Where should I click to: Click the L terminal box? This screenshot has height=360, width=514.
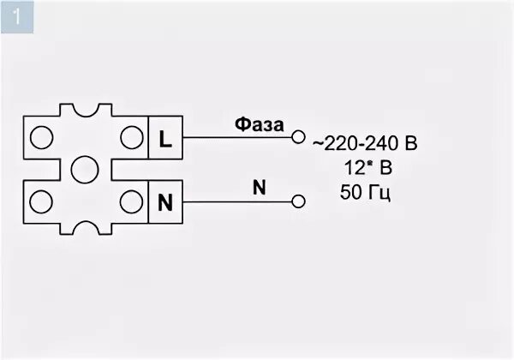coord(165,137)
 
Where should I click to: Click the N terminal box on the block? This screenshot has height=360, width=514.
coord(165,202)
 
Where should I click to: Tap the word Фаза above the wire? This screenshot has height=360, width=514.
coord(260,125)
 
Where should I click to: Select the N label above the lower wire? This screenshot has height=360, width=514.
coord(258,187)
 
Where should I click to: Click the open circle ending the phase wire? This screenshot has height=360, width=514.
coord(298,137)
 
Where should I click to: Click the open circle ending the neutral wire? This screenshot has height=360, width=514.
coord(298,202)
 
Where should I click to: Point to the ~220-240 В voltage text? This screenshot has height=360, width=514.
coord(365,143)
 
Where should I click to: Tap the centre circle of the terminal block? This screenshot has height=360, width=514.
coord(84,169)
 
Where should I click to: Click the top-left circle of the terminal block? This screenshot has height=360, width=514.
coord(39,137)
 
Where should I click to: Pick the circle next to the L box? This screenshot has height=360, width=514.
coord(130,137)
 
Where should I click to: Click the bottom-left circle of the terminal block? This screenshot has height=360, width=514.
coord(39,202)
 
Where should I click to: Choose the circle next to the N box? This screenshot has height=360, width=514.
coord(130,202)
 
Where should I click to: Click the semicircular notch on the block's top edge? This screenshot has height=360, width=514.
coord(84,111)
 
